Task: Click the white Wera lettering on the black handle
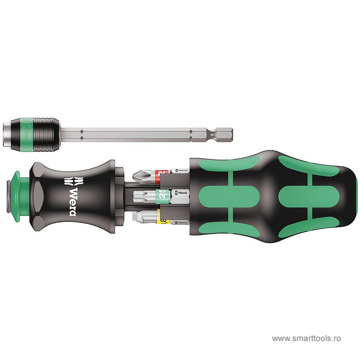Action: coord(72,201)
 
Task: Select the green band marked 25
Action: coord(162,194)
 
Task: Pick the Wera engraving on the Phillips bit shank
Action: coord(180,171)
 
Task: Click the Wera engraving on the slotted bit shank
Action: coord(180,222)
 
